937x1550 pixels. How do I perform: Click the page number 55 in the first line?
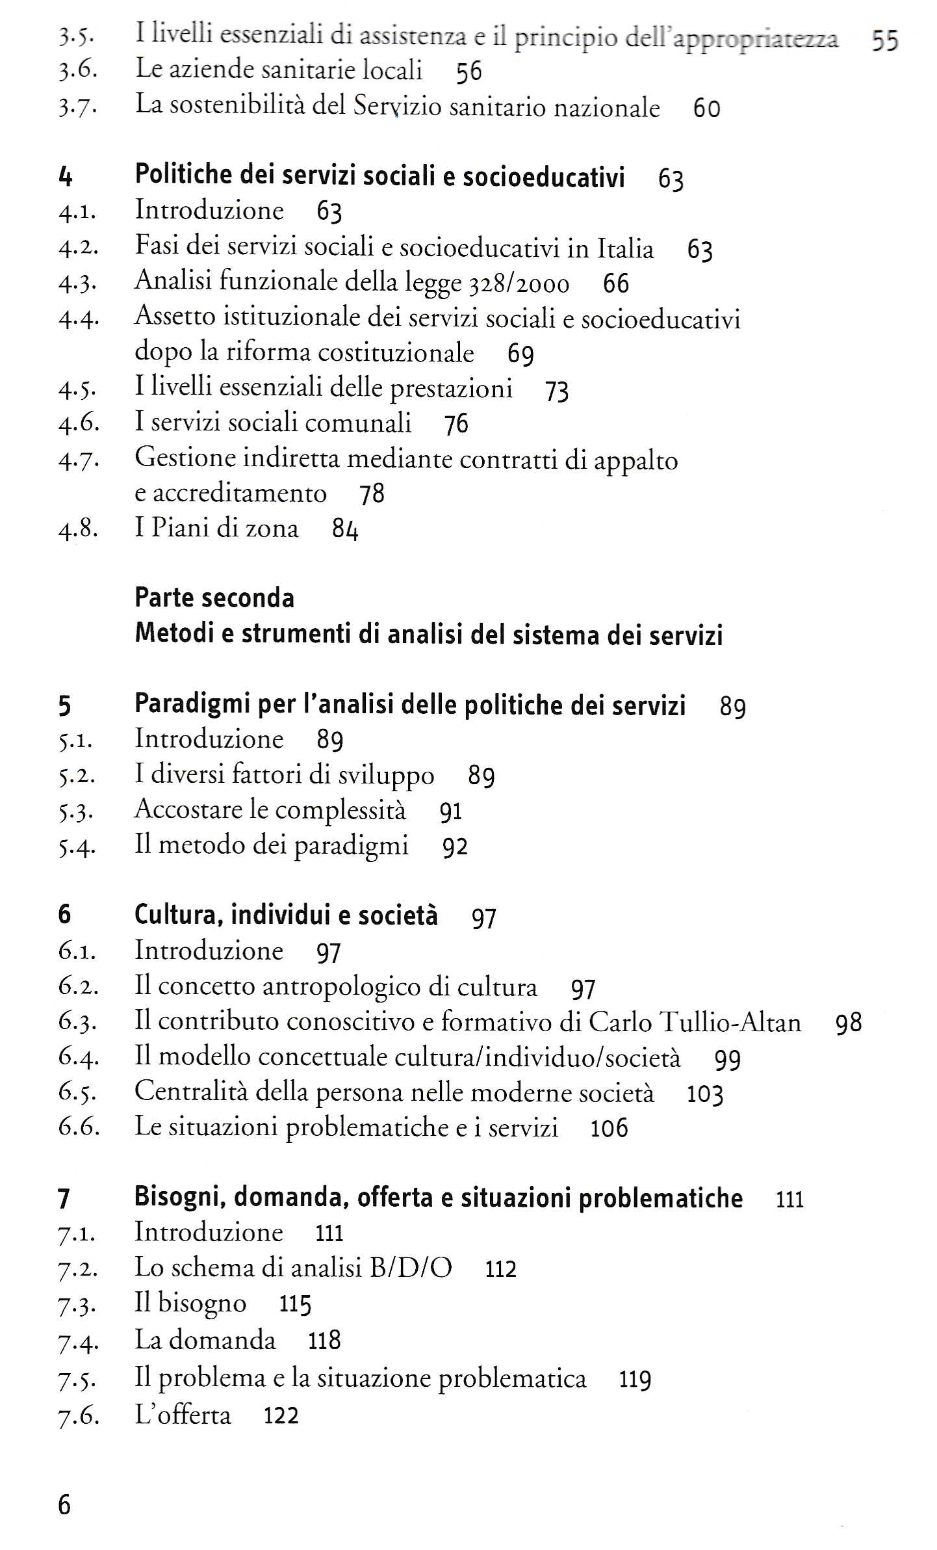click(x=884, y=41)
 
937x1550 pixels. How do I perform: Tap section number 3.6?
click(x=77, y=70)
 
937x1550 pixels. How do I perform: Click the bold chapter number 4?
click(x=65, y=176)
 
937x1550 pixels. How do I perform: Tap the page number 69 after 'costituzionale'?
click(x=520, y=354)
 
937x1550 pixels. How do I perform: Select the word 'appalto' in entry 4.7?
click(x=635, y=460)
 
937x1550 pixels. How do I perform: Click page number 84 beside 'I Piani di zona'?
click(x=345, y=529)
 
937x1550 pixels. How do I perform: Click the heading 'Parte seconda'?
click(x=214, y=598)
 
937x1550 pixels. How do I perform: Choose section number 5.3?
click(x=77, y=811)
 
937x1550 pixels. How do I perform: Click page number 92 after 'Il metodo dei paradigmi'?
click(x=455, y=847)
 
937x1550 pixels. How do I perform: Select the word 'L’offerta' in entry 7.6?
click(x=183, y=1415)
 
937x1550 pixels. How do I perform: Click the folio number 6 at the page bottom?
click(x=64, y=1504)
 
